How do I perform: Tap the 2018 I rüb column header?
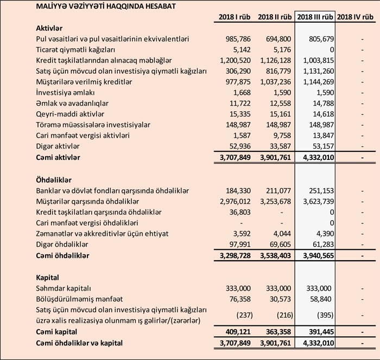pyautogui.click(x=235, y=17)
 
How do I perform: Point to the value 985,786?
pyautogui.click(x=238, y=40)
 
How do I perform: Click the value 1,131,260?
pyautogui.click(x=315, y=71)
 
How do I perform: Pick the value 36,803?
pyautogui.click(x=240, y=212)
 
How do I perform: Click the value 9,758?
pyautogui.click(x=283, y=135)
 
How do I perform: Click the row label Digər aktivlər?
pyautogui.click(x=58, y=146)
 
